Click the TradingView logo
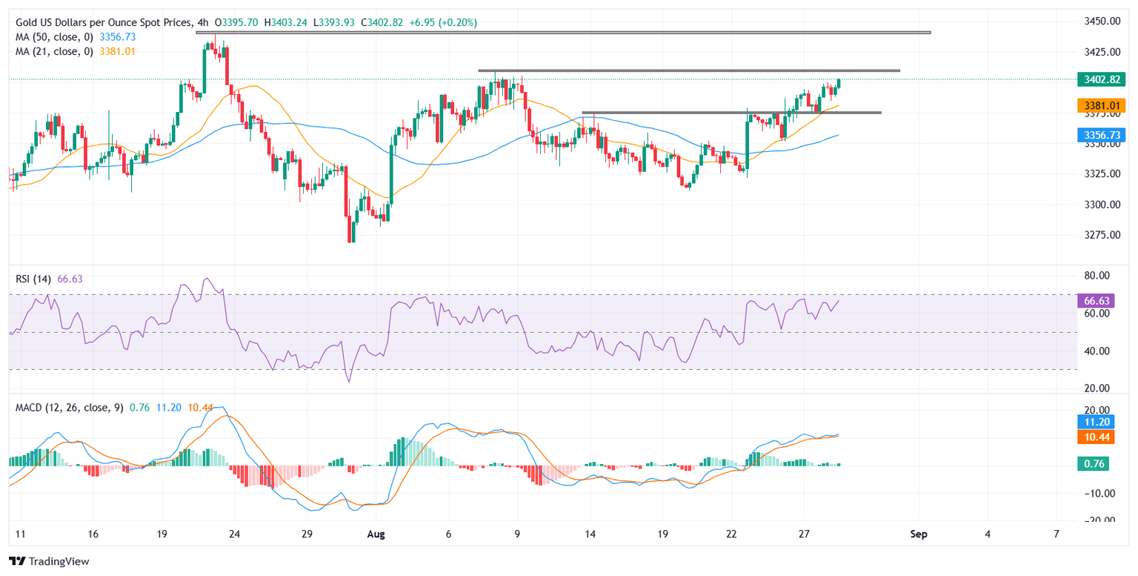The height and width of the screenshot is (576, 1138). click(x=50, y=561)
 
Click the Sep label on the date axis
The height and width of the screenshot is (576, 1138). click(x=919, y=534)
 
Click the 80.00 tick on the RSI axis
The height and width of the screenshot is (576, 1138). click(x=1099, y=276)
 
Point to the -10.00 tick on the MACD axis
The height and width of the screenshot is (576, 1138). click(x=1099, y=493)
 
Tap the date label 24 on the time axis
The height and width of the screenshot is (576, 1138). click(x=234, y=534)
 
